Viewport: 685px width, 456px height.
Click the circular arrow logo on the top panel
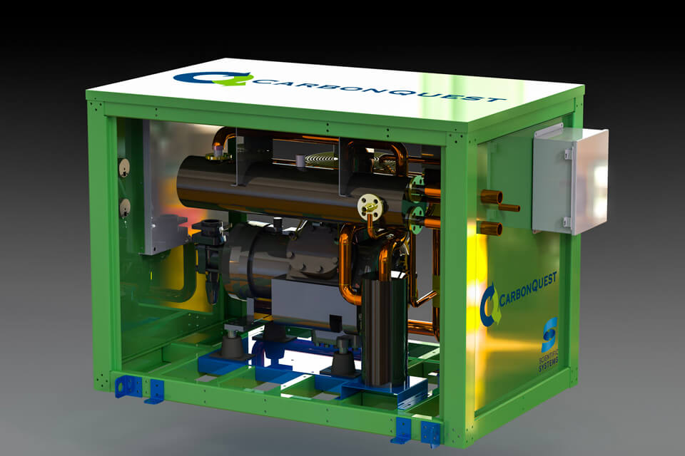click(x=213, y=78)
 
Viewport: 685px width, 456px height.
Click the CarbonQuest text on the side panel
click(x=528, y=289)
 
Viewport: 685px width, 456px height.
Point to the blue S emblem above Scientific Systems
click(x=549, y=335)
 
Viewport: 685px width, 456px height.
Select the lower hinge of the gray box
click(x=567, y=222)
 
